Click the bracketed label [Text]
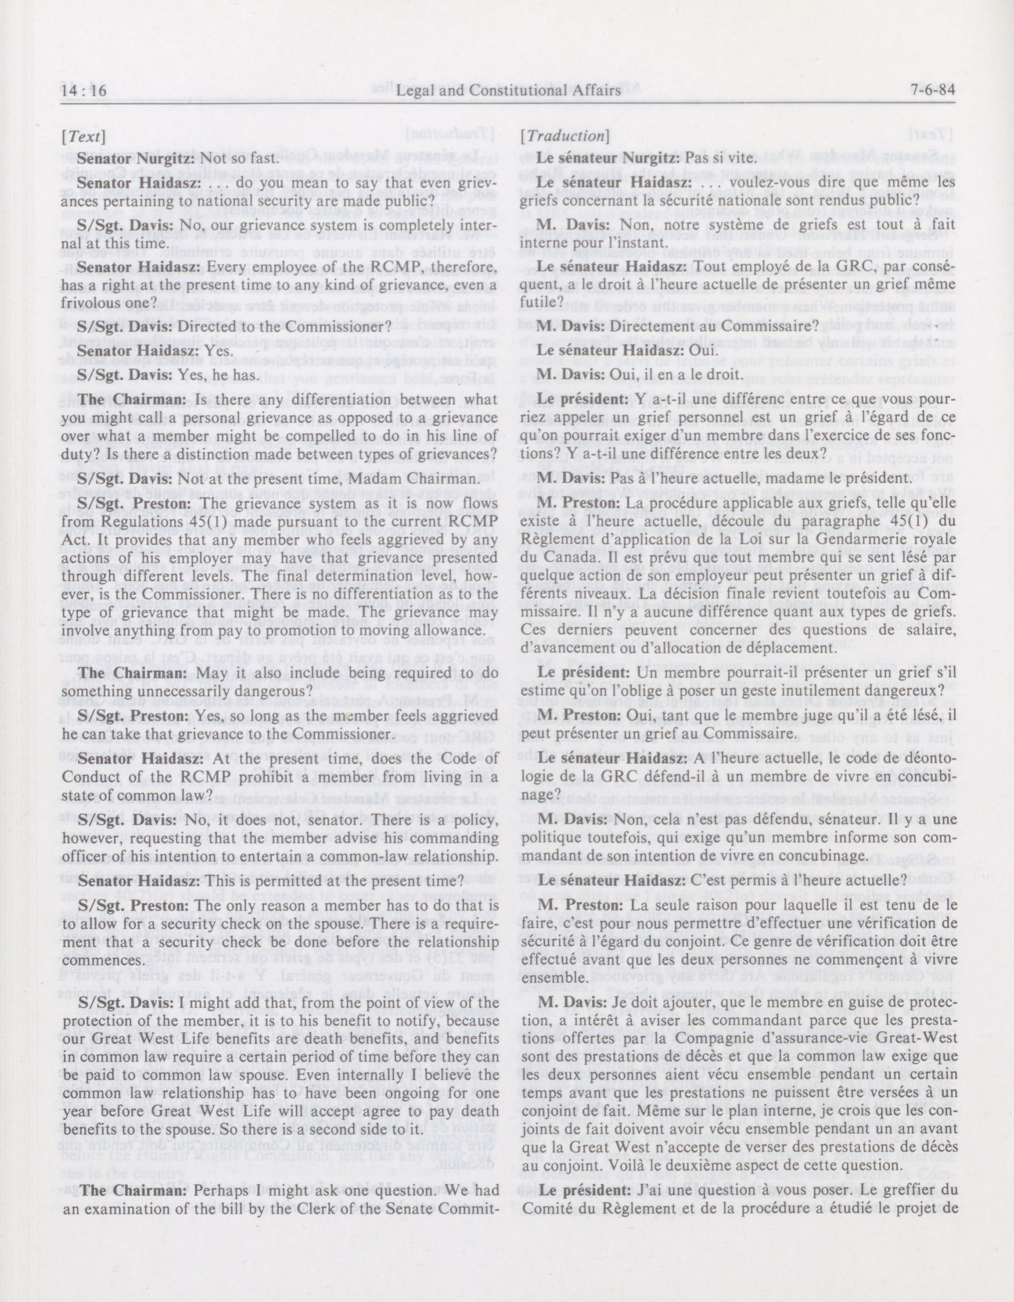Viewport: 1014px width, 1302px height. tap(83, 136)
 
